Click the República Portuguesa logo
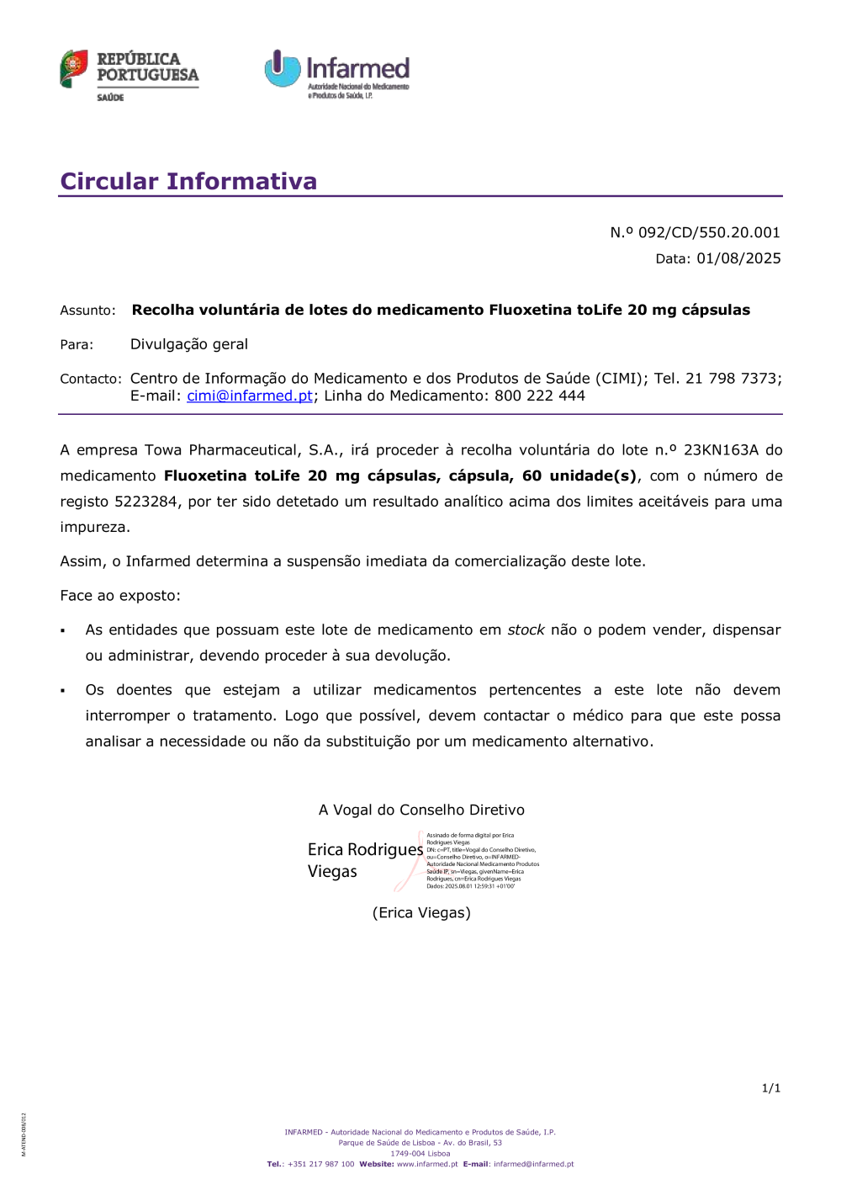[x=129, y=74]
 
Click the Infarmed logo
[x=337, y=74]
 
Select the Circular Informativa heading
[x=188, y=181]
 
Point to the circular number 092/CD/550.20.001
[x=708, y=232]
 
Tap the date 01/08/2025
[x=738, y=258]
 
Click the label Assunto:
[x=87, y=311]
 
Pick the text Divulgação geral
[x=189, y=344]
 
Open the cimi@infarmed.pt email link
[x=250, y=396]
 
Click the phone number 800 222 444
[x=539, y=396]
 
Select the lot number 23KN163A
[x=721, y=450]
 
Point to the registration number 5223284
[x=145, y=502]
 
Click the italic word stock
[x=526, y=630]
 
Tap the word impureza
[x=95, y=528]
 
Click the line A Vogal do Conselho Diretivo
[x=421, y=810]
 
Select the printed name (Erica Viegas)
[x=421, y=912]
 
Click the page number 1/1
[x=771, y=1088]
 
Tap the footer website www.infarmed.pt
[x=427, y=1164]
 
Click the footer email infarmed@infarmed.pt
[x=533, y=1164]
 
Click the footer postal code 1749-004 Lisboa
[x=420, y=1154]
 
